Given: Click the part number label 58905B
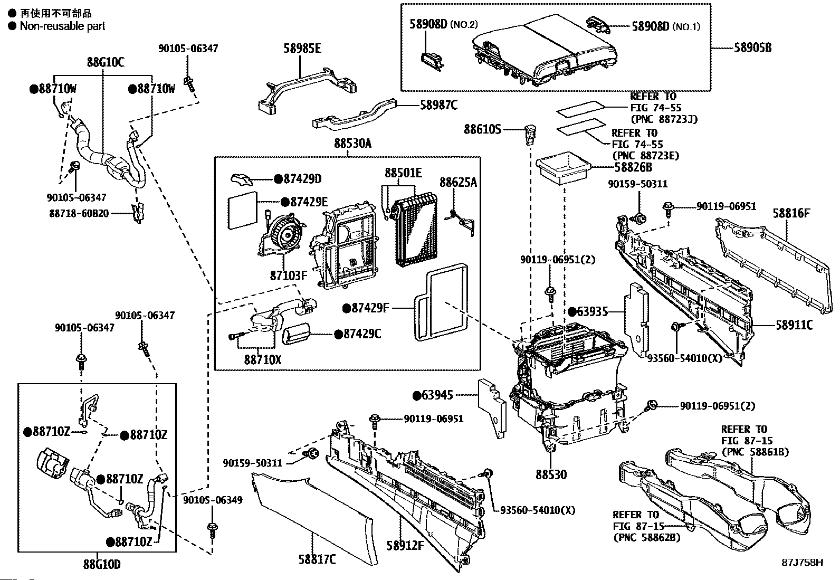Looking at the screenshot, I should (752, 47).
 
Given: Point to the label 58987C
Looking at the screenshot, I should (438, 105).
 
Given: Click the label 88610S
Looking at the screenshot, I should (482, 129).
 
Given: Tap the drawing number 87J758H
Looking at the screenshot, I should (803, 563).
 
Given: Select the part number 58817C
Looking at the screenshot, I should (317, 559).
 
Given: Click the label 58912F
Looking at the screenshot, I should (405, 546).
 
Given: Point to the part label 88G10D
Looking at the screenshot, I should (101, 565).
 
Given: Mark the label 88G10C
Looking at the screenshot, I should (106, 63).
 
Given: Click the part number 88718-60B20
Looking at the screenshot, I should (79, 213).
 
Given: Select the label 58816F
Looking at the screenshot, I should (791, 213).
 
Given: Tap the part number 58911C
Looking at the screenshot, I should (794, 325).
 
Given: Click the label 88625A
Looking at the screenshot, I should (458, 182).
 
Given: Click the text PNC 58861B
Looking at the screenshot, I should (755, 452).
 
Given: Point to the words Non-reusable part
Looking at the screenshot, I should (62, 26).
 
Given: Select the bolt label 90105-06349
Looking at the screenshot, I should (213, 499).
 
